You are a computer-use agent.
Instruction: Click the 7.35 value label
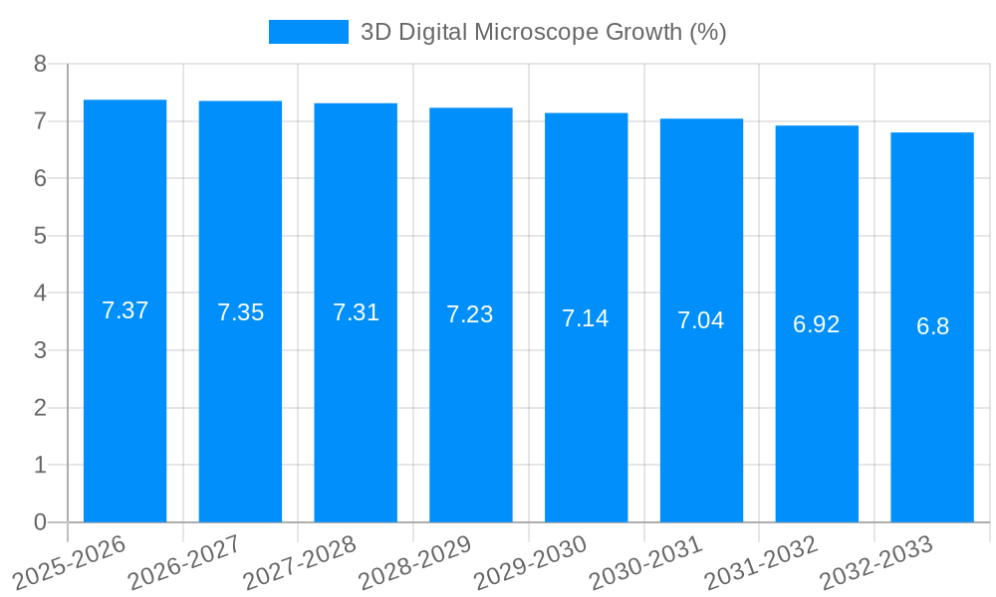pyautogui.click(x=240, y=312)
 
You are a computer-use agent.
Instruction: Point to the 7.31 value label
pyautogui.click(x=356, y=312)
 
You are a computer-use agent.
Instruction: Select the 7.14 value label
pyautogui.click(x=586, y=318)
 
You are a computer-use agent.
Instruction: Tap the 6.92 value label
pyautogui.click(x=817, y=324)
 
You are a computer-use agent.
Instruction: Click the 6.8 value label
pyautogui.click(x=932, y=326)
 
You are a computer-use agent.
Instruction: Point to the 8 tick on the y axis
pyautogui.click(x=40, y=64)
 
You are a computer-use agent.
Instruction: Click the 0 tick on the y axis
pyautogui.click(x=40, y=522)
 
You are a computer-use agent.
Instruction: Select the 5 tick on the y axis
pyautogui.click(x=40, y=236)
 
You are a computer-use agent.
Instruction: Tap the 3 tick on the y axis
pyautogui.click(x=40, y=350)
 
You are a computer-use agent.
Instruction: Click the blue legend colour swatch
pyautogui.click(x=309, y=32)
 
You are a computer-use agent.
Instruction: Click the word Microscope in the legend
pyautogui.click(x=537, y=32)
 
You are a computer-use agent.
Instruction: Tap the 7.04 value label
pyautogui.click(x=701, y=320)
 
